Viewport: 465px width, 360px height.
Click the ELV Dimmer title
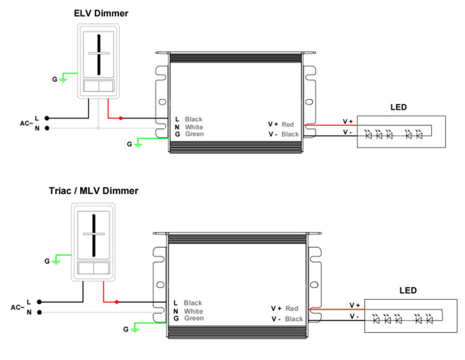pyautogui.click(x=101, y=14)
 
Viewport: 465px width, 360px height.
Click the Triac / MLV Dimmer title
pyautogui.click(x=94, y=191)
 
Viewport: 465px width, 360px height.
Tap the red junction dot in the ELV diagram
pyautogui.click(x=121, y=118)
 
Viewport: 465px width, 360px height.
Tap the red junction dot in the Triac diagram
pyautogui.click(x=117, y=302)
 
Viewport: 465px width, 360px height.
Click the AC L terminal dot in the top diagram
pyautogui.click(x=47, y=118)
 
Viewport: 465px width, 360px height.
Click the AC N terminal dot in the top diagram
pyautogui.click(x=47, y=128)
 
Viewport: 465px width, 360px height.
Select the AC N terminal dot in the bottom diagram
pyautogui.click(x=40, y=312)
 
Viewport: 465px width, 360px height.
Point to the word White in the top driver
pyautogui.click(x=194, y=127)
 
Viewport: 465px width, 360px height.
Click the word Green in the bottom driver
pyautogui.click(x=194, y=318)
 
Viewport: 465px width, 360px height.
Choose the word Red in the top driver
pyautogui.click(x=288, y=125)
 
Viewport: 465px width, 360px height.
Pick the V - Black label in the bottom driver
pyautogui.click(x=287, y=319)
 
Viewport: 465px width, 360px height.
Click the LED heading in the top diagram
pyautogui.click(x=399, y=107)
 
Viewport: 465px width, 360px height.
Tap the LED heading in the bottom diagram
pyautogui.click(x=408, y=291)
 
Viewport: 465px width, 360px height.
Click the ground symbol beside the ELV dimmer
pyautogui.click(x=63, y=79)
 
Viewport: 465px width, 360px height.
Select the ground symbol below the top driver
pyautogui.click(x=138, y=144)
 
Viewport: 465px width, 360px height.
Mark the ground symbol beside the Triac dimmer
pyautogui.click(x=56, y=261)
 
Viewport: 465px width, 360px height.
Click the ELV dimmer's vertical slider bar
pyautogui.click(x=99, y=55)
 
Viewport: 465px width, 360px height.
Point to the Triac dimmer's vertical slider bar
pyautogui.click(x=94, y=235)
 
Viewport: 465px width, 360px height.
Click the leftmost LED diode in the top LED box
pyautogui.click(x=369, y=135)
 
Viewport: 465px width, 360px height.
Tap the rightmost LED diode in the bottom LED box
pyautogui.click(x=429, y=319)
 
